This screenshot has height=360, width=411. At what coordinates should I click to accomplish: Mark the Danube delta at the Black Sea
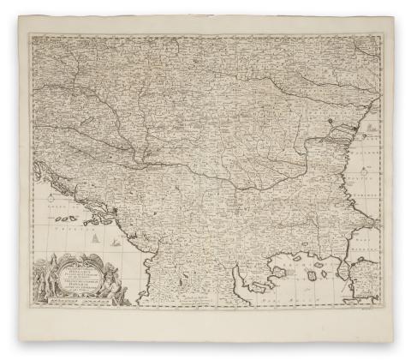pos(347,129)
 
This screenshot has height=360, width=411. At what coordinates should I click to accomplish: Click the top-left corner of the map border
pos(30,35)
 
